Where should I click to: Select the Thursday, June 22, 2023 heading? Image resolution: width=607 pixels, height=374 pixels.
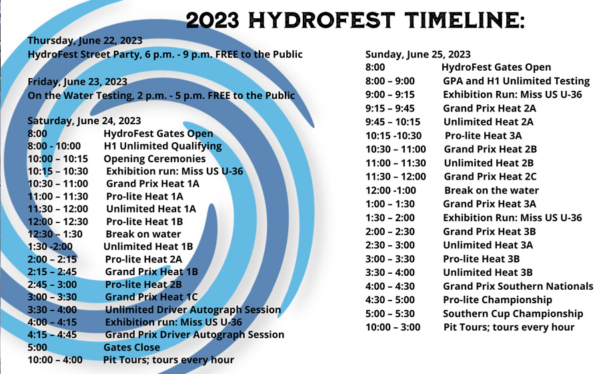pos(85,41)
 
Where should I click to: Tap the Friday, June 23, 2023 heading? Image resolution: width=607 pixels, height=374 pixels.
pos(77,81)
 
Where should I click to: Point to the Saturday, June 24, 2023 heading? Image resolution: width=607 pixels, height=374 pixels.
pos(84,121)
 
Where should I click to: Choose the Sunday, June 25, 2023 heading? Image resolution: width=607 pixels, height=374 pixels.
pos(418,55)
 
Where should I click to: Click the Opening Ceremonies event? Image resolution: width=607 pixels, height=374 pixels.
pos(155,159)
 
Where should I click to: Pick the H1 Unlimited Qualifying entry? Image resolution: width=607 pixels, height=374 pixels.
pos(163,146)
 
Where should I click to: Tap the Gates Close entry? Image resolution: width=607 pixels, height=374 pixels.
pos(131,347)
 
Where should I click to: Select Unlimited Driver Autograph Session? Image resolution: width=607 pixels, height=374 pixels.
pos(193,310)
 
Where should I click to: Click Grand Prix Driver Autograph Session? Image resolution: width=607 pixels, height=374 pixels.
pos(195,335)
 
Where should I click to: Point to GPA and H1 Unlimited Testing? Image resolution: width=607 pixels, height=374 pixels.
pos(516,81)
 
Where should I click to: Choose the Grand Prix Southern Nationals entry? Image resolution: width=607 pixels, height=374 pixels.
pos(518,287)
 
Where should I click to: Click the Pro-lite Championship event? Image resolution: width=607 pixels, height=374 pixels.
pos(498,300)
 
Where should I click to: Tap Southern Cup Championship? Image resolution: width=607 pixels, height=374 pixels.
pos(513,313)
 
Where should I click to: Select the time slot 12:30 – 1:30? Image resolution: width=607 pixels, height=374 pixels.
pos(55,234)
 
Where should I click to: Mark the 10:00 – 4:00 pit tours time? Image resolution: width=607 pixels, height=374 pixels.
pos(55,360)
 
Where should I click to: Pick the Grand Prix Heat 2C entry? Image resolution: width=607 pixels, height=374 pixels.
pos(490,177)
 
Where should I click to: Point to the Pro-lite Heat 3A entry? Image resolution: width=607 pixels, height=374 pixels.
pos(483,136)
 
